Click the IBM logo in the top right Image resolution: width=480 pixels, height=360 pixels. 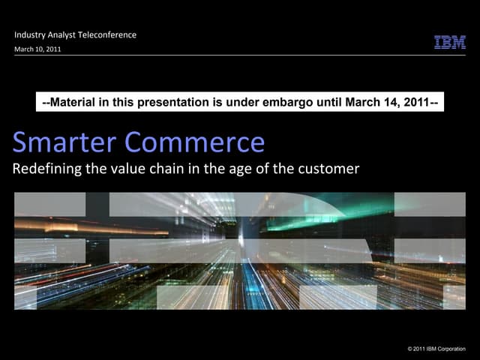click(450, 42)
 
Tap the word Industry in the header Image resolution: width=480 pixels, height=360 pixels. click(31, 34)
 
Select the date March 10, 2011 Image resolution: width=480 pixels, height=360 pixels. click(37, 49)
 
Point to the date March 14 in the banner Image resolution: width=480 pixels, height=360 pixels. click(360, 101)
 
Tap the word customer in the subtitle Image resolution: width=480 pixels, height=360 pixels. click(330, 168)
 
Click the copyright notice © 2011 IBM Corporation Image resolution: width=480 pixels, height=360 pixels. click(436, 349)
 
